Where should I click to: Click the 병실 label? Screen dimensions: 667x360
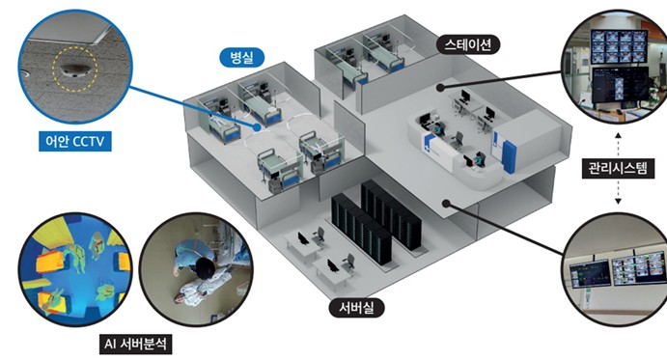(x=241, y=57)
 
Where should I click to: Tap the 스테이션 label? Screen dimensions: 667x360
(x=468, y=44)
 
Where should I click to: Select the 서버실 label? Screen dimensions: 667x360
(x=356, y=307)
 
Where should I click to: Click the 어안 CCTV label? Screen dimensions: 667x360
(x=75, y=141)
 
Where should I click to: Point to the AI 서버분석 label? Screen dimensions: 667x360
(x=136, y=344)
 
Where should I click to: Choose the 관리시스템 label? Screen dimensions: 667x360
(x=618, y=168)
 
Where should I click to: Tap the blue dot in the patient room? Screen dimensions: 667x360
(x=257, y=126)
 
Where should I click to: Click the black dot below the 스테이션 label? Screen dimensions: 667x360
(x=441, y=87)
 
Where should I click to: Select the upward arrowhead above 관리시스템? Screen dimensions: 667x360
(x=618, y=136)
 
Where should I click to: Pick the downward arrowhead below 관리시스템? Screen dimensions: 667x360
(x=618, y=201)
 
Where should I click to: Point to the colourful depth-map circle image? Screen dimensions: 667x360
(x=75, y=269)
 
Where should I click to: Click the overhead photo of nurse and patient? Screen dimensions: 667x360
(x=197, y=269)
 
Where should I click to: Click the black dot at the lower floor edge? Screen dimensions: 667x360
(x=445, y=204)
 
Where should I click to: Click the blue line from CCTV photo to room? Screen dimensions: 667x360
(x=192, y=106)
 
